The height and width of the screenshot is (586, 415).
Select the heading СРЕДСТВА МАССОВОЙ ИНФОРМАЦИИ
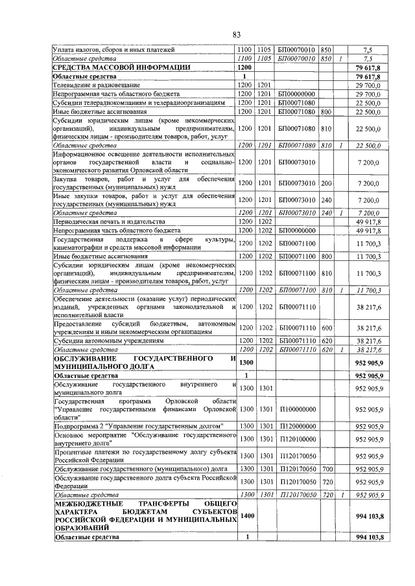tap(121, 67)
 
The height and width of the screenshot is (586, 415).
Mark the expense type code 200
tap(327, 184)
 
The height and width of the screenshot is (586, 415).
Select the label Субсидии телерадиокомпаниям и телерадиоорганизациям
tap(139, 102)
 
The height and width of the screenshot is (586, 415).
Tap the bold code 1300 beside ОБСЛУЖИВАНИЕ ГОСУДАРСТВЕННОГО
tap(245, 363)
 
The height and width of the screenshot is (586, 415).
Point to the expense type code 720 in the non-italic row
tap(327, 482)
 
